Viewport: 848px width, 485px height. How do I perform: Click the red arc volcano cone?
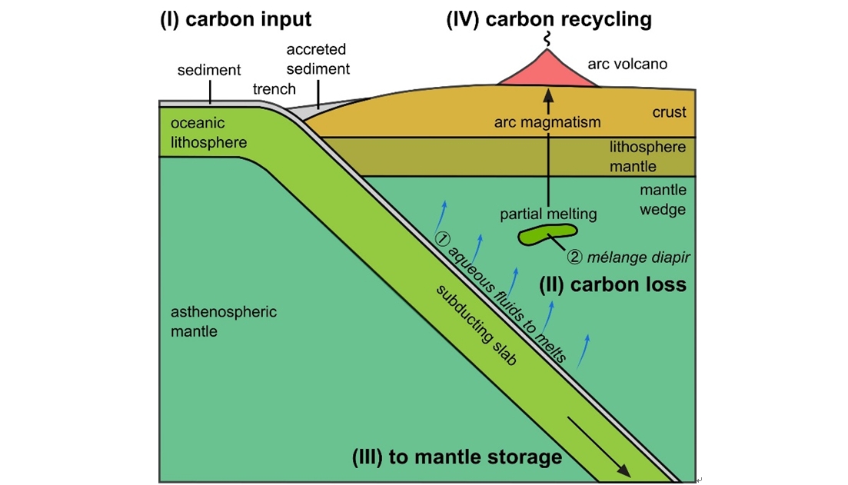coord(548,71)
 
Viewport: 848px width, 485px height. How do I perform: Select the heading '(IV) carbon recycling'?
coord(548,20)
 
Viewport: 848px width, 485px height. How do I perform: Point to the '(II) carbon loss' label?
coord(612,285)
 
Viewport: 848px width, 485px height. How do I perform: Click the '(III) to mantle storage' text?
coord(457,457)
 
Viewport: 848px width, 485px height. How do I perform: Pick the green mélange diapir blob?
coord(547,234)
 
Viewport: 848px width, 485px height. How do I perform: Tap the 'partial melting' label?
coord(548,214)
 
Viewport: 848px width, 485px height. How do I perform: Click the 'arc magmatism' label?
coord(547,121)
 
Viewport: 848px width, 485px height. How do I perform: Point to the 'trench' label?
coord(274,89)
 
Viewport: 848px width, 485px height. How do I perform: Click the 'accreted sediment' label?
coord(318,59)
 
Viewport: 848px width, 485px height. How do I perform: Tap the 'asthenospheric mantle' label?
coord(223,322)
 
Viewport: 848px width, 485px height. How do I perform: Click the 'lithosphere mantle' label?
coord(647,156)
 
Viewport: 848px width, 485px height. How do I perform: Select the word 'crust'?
coord(669,112)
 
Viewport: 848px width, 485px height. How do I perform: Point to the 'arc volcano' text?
coord(627,64)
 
